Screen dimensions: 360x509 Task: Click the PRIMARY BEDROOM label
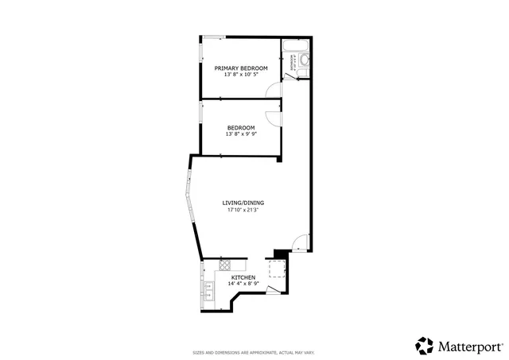(x=241, y=68)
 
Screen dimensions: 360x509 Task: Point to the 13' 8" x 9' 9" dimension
(x=241, y=134)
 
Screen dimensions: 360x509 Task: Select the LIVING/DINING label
(x=243, y=203)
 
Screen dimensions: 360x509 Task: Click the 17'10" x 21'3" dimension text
(x=243, y=210)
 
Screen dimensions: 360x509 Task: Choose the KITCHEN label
(x=243, y=277)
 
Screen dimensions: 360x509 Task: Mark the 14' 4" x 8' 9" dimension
(x=243, y=284)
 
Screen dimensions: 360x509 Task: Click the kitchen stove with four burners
(x=225, y=265)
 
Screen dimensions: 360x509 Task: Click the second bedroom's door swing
(x=272, y=118)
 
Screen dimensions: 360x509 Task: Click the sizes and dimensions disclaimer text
(x=254, y=351)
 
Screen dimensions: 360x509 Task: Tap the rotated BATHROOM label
(x=293, y=68)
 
